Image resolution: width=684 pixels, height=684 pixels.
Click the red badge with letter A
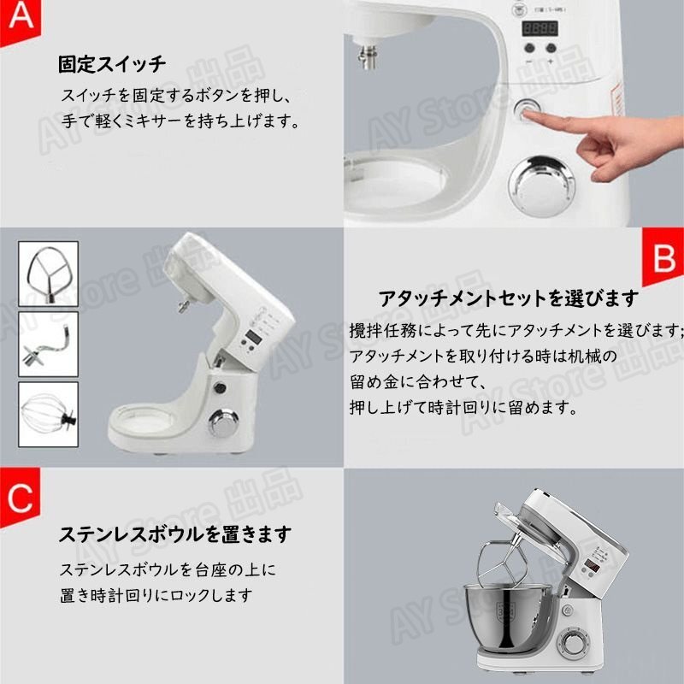pos(20,20)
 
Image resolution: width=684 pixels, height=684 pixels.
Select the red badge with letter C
pos(20,498)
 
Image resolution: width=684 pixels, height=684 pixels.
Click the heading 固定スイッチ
pos(112,64)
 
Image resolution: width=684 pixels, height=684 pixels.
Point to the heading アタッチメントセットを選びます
pos(508,298)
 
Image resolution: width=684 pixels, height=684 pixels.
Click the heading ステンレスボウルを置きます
pos(175,534)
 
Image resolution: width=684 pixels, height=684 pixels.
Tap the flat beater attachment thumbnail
pos(49,274)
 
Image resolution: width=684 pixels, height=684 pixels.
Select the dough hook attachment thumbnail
pos(49,345)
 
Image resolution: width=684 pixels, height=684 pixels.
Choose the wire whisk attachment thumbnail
pos(49,415)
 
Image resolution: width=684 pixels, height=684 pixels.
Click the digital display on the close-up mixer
pos(540,29)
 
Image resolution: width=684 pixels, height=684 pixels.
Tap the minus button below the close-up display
pos(529,48)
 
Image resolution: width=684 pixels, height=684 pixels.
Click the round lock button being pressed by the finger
pos(527,109)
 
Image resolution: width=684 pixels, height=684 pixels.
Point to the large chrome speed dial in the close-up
pos(543,186)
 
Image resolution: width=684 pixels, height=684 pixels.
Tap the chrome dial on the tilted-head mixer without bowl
pos(224,422)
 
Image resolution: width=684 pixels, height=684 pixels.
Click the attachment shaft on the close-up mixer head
pos(369,56)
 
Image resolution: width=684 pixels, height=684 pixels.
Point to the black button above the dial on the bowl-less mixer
pos(220,387)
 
